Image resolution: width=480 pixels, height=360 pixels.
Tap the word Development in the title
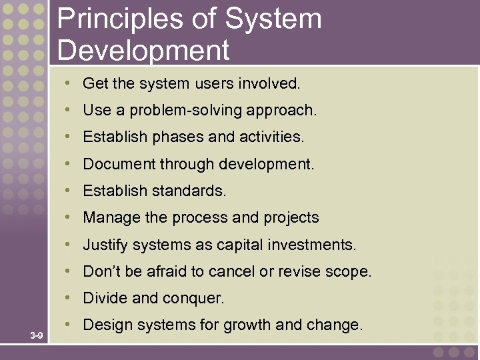[143, 50]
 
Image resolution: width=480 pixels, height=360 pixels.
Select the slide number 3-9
[37, 335]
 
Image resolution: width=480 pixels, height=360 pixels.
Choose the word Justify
[105, 245]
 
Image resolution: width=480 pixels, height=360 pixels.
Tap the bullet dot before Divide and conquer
[69, 298]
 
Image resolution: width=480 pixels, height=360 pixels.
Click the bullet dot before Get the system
[69, 83]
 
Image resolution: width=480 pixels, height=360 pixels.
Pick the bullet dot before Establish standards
[69, 190]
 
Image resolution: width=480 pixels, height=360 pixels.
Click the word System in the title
[273, 19]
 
